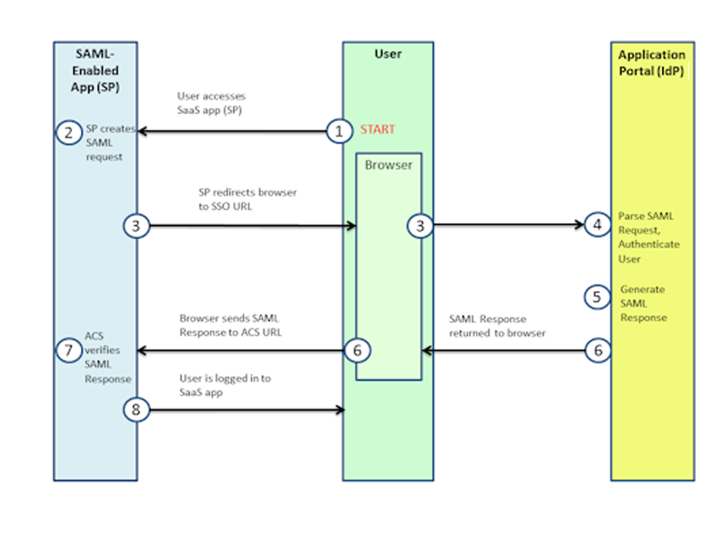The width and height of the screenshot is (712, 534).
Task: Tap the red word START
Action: pyautogui.click(x=377, y=130)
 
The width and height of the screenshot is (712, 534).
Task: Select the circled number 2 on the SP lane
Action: pyautogui.click(x=68, y=133)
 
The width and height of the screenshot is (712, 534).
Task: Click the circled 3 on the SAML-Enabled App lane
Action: pyautogui.click(x=135, y=226)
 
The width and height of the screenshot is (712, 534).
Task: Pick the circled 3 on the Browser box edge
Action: pyautogui.click(x=420, y=226)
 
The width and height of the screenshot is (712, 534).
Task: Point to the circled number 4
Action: pyautogui.click(x=597, y=225)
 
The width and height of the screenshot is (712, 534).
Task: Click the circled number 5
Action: pyautogui.click(x=597, y=296)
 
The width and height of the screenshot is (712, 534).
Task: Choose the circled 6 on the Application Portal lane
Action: pyautogui.click(x=597, y=351)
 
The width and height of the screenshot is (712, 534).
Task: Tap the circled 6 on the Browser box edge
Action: pyautogui.click(x=357, y=351)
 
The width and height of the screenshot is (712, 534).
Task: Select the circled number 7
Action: pyautogui.click(x=68, y=351)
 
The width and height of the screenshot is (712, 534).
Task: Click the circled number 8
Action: pyautogui.click(x=135, y=410)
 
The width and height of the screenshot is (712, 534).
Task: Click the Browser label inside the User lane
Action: pyautogui.click(x=388, y=166)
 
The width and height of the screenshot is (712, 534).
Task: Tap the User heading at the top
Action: pyautogui.click(x=388, y=54)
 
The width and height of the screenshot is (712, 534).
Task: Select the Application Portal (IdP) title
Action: pyautogui.click(x=652, y=63)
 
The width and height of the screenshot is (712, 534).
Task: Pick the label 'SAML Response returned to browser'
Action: pyautogui.click(x=499, y=325)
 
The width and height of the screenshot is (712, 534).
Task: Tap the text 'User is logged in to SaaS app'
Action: pyautogui.click(x=225, y=384)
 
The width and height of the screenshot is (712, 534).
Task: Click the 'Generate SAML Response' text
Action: pyautogui.click(x=643, y=303)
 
